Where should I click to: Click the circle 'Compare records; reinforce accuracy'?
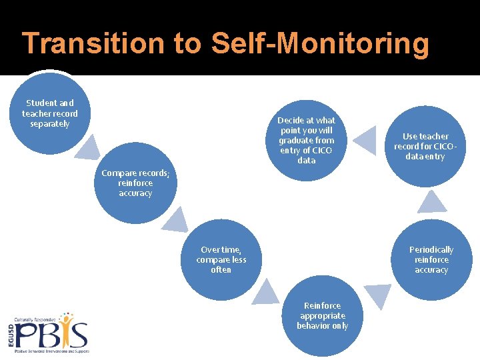click(135, 183)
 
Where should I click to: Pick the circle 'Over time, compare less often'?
click(221, 259)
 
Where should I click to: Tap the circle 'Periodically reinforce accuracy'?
click(431, 259)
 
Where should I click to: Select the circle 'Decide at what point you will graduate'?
click(307, 140)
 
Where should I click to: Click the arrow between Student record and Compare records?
click(87, 147)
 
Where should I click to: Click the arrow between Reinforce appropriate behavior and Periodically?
click(378, 295)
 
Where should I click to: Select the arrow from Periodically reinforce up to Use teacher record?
click(434, 201)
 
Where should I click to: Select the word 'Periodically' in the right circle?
click(431, 249)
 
